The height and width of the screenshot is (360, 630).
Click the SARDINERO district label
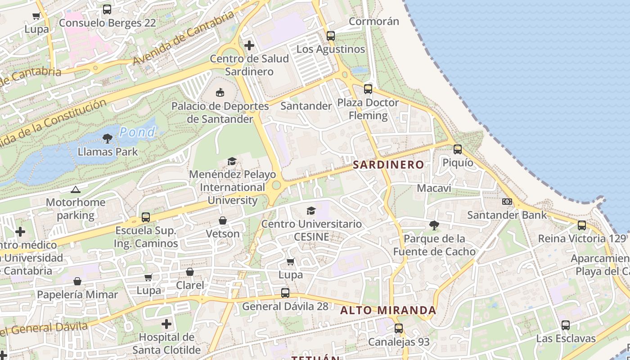388,165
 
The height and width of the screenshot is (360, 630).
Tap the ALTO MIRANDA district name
388,310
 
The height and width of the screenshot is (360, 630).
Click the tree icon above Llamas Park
108,139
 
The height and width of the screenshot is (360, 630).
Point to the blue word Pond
138,132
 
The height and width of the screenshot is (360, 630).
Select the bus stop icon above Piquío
458,149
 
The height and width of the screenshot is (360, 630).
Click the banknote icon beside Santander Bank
507,202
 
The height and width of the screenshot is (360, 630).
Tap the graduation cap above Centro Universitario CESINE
311,211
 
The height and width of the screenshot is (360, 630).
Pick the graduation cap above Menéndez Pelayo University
232,161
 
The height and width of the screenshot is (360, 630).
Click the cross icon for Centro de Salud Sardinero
249,45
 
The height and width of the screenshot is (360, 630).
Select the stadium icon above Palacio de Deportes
220,93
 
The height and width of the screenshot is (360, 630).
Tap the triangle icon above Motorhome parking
76,190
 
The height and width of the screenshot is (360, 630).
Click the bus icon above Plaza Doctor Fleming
368,89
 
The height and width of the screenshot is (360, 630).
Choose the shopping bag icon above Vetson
223,220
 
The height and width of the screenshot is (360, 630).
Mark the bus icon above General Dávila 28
285,293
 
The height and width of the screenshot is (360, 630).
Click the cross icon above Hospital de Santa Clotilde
166,324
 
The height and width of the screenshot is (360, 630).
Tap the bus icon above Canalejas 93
399,328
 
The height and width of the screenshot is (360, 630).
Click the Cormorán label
374,21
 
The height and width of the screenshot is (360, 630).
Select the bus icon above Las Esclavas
566,325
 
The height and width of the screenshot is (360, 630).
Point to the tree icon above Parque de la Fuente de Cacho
434,225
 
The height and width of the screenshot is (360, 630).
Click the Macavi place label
434,188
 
